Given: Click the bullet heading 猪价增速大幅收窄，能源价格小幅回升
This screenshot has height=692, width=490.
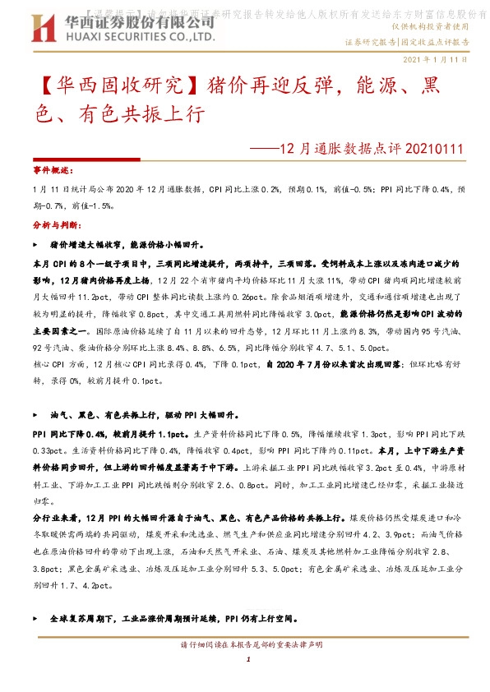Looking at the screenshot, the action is (132, 245).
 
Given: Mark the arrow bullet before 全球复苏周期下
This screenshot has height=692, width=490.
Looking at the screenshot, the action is (34, 617).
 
